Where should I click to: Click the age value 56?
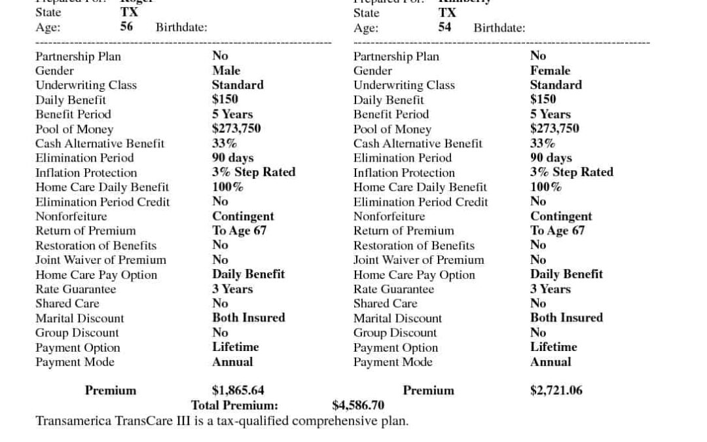coord(126,27)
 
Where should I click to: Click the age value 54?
coord(444,27)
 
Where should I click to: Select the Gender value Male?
coord(226,70)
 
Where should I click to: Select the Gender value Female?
coord(550,70)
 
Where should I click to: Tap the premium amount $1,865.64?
coord(238,391)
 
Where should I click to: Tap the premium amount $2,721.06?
coord(556,391)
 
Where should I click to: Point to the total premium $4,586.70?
coord(358,405)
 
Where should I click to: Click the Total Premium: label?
coord(234,405)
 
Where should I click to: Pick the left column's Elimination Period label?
coord(84,158)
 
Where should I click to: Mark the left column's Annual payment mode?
coord(232,361)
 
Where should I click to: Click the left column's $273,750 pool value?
coord(236,128)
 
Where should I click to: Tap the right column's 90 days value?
coord(551,158)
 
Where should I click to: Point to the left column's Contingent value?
coord(243,216)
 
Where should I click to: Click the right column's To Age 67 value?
coord(557,230)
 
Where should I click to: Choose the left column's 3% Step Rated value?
coord(253,172)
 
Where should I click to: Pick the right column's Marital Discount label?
coord(397,318)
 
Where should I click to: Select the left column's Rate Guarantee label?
coord(76,289)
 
